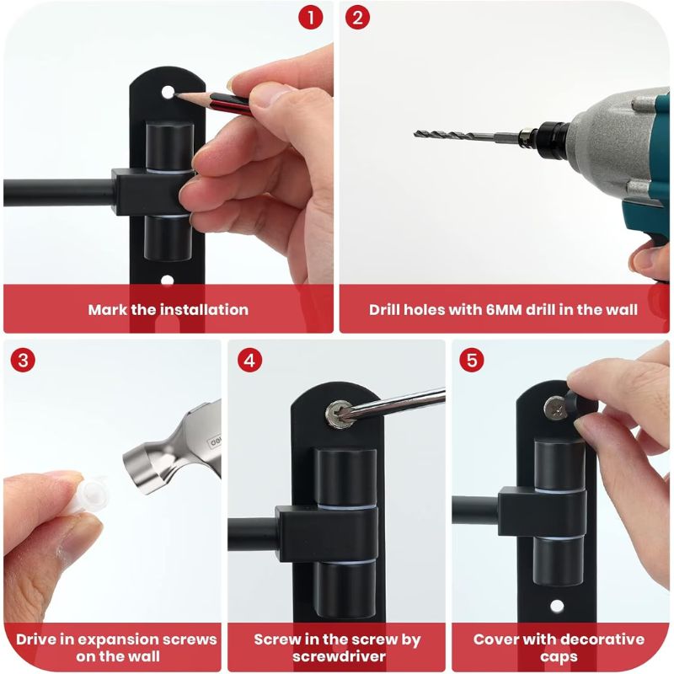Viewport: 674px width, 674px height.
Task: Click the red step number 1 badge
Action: [310, 18]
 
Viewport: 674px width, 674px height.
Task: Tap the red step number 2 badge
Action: [357, 18]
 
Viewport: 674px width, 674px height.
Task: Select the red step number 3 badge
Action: [23, 360]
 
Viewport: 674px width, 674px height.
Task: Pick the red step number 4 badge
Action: [249, 360]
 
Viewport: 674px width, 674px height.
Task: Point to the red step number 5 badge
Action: [472, 360]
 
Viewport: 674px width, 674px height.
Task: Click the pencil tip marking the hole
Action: [177, 93]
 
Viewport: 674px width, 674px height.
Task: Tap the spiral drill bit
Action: [456, 136]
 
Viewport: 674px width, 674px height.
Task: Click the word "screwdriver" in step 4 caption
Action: [340, 656]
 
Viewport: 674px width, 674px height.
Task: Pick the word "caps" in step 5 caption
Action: [559, 657]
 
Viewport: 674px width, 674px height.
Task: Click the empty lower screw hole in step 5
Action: [557, 606]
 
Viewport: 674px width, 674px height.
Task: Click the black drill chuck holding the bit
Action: [546, 136]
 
